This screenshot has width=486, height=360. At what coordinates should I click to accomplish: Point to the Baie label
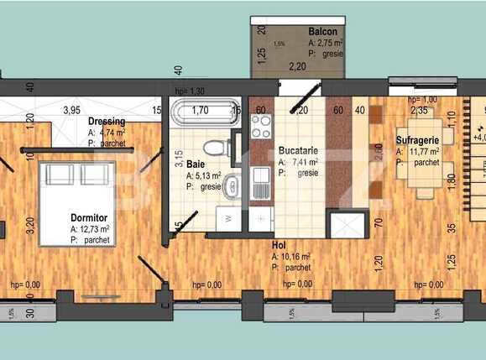[x=196, y=164]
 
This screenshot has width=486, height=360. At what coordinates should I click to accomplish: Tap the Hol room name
[x=279, y=245]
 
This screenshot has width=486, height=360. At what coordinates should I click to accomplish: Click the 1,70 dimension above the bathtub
[x=200, y=109]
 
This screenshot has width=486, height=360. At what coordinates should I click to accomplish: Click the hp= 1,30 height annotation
[x=190, y=90]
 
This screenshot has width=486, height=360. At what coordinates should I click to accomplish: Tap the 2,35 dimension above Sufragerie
[x=419, y=109]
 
